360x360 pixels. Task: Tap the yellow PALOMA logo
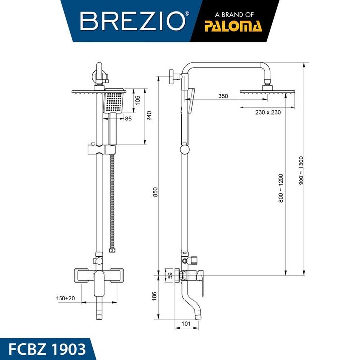[233, 26]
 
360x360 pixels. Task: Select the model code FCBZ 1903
[47, 349]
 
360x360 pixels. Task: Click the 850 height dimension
[155, 192]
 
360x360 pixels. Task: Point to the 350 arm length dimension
[223, 96]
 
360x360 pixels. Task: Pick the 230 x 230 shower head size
[268, 112]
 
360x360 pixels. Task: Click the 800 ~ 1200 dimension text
[281, 188]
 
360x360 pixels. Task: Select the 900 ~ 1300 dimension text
[301, 171]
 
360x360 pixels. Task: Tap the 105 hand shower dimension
[137, 100]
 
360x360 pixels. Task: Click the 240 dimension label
[149, 116]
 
